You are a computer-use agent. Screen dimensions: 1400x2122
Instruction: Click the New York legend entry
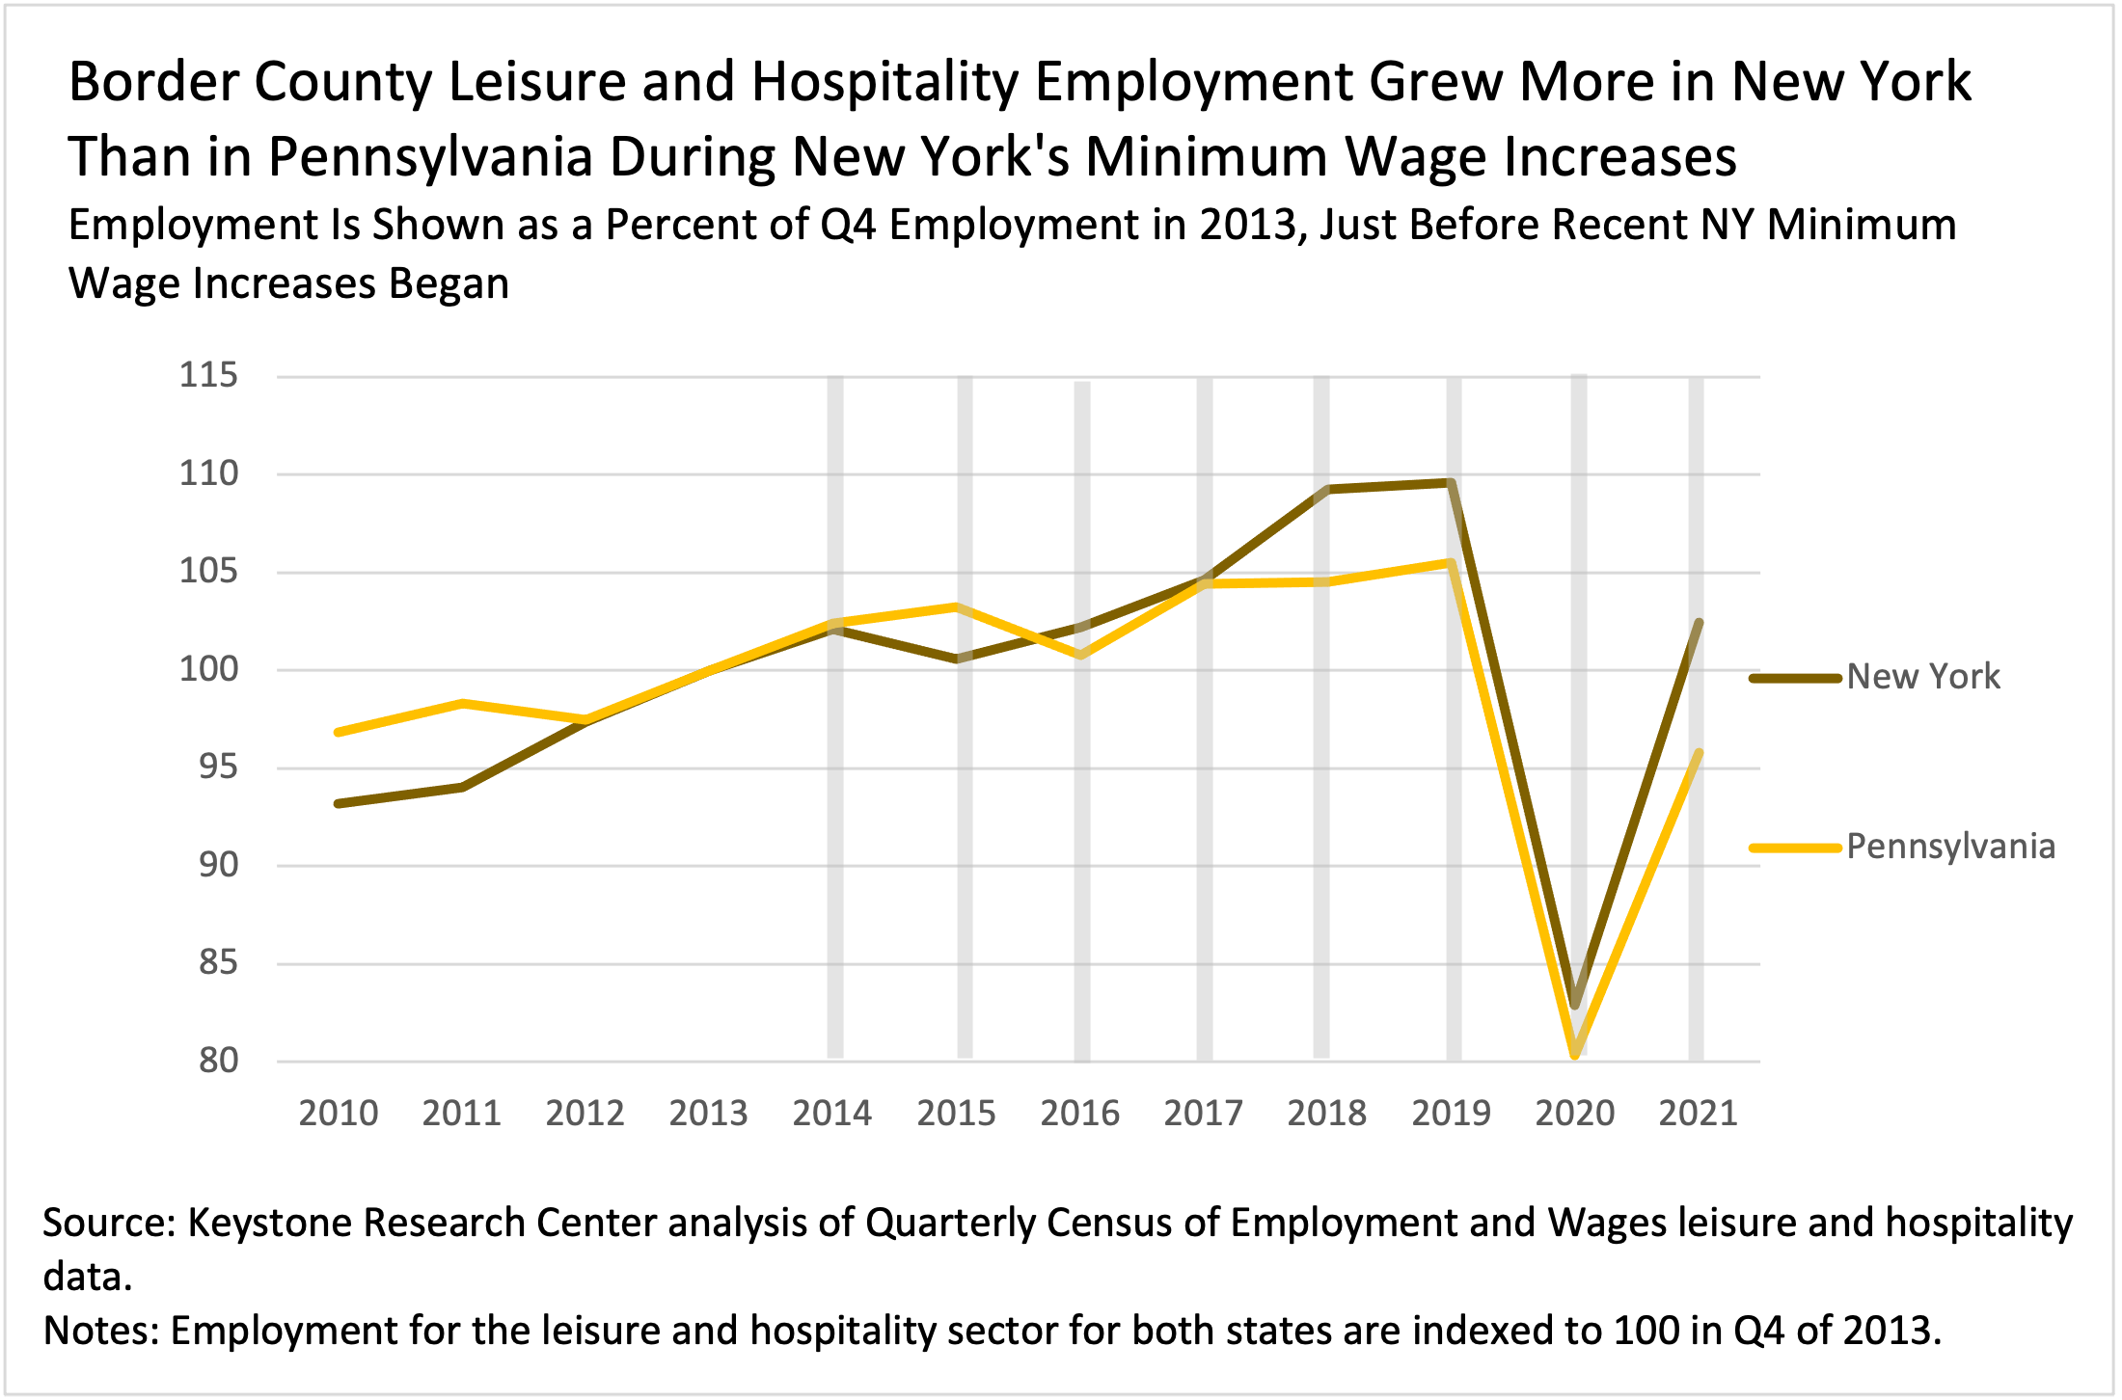coord(1922,677)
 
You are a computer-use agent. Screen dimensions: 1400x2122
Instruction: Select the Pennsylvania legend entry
coord(1950,847)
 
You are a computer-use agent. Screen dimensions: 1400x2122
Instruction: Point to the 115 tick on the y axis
coord(208,375)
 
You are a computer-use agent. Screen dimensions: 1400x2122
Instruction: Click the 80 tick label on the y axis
coord(218,1061)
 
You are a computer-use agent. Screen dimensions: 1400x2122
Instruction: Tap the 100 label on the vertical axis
coord(208,669)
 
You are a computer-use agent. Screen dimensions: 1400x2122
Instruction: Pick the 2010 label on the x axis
coord(339,1114)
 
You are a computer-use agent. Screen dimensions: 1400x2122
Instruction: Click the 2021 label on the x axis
coord(1698,1114)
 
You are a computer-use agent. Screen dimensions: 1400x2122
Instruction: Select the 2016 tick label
coord(1079,1114)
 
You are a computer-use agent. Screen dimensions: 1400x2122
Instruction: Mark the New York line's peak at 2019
coord(1451,482)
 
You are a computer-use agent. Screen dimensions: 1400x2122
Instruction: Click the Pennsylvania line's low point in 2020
coord(1575,1053)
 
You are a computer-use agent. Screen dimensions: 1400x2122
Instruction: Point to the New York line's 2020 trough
coord(1575,1004)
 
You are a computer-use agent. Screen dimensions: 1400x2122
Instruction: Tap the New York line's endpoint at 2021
coord(1699,623)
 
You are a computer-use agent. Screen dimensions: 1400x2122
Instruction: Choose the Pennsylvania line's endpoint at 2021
coord(1699,753)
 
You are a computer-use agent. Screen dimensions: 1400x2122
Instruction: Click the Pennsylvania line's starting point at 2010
coord(339,733)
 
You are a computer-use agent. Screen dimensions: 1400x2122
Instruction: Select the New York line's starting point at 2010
coord(339,803)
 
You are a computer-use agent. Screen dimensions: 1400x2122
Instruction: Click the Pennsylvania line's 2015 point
coord(956,606)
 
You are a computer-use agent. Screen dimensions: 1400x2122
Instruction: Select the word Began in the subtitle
coord(449,284)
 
